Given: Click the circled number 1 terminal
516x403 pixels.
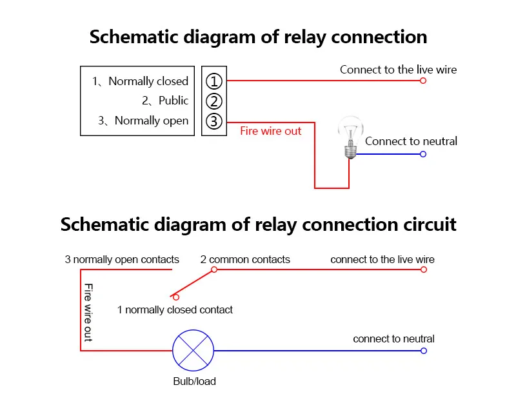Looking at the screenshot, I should [x=214, y=81].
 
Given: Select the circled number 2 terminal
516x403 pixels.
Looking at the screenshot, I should [x=214, y=101].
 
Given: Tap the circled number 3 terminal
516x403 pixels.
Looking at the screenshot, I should [x=214, y=121].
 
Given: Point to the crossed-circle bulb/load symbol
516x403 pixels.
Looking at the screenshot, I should [x=193, y=351].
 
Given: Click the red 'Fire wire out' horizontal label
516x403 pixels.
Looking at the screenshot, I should [x=270, y=131].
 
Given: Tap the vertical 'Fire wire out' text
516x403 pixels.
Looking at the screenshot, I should [x=88, y=312].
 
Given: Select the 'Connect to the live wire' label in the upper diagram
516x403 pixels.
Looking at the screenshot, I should [x=398, y=69].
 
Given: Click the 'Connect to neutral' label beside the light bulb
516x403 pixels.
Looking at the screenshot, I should [x=411, y=141].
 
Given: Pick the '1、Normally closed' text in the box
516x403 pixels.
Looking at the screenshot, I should [x=140, y=81].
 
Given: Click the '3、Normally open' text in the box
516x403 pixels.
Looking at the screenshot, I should [x=143, y=121].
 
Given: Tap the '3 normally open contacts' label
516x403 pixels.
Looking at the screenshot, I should [x=122, y=260].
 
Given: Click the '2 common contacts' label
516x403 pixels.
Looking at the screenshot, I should [x=245, y=260].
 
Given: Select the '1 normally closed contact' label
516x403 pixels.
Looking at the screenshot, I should [x=175, y=310].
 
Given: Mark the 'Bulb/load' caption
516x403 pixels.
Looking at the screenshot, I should [x=194, y=381].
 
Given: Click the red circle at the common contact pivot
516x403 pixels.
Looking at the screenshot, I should [x=214, y=270].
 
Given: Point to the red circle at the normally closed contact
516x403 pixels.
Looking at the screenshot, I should [x=175, y=297].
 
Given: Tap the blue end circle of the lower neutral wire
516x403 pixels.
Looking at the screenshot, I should [x=424, y=351].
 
